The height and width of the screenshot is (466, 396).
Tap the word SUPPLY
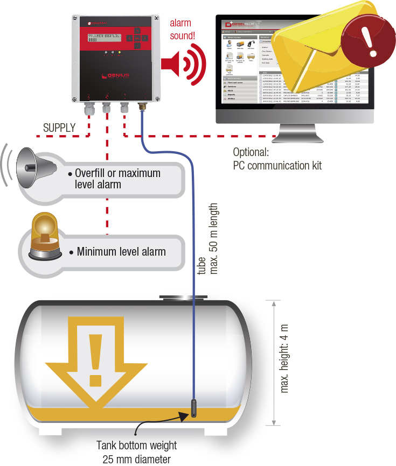point(59,128)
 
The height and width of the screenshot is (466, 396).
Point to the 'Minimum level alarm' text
point(121,251)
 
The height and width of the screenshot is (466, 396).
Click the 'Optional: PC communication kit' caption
point(277,159)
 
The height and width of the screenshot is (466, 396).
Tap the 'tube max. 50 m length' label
point(207,239)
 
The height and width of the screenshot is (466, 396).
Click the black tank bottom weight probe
point(193,407)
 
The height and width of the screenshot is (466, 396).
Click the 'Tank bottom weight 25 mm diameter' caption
point(137,452)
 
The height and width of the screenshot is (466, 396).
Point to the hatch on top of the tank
point(183,296)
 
